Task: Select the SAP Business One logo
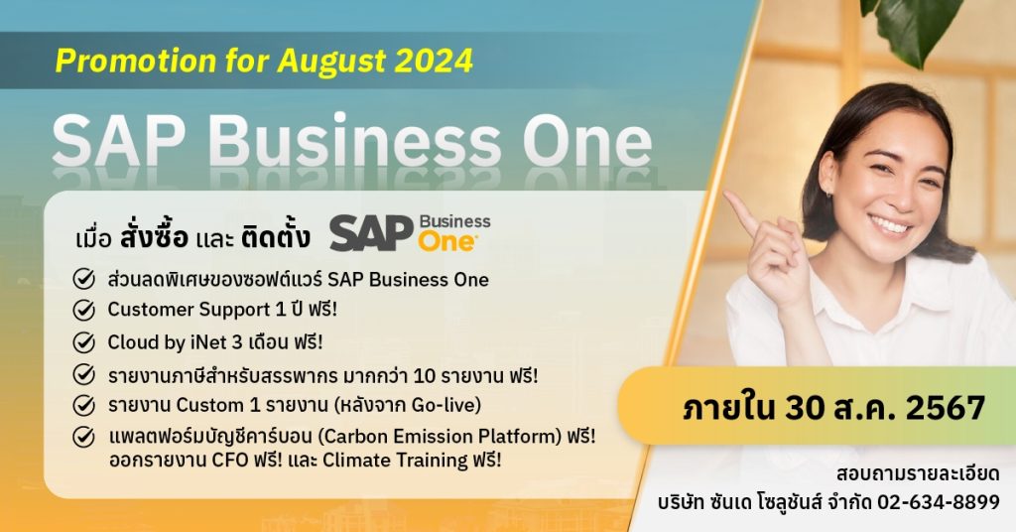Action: point(410,233)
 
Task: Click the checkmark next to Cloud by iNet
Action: point(85,343)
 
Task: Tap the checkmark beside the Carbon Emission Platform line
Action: point(85,437)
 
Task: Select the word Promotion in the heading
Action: point(117,61)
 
